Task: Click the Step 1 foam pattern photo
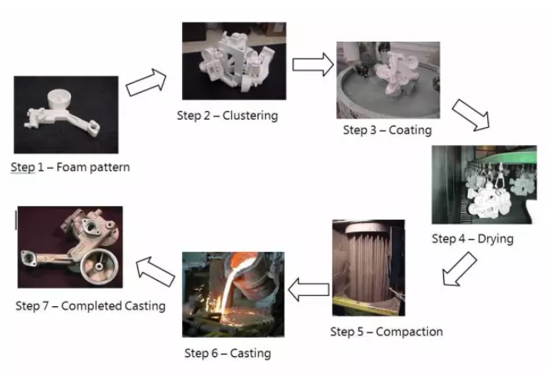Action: pos(66,114)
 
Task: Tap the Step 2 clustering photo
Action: pos(233,61)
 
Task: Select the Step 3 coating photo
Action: pos(388,79)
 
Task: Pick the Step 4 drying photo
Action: pos(483,184)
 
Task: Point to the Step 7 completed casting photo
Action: pos(70,247)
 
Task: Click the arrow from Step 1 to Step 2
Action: pos(146,81)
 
